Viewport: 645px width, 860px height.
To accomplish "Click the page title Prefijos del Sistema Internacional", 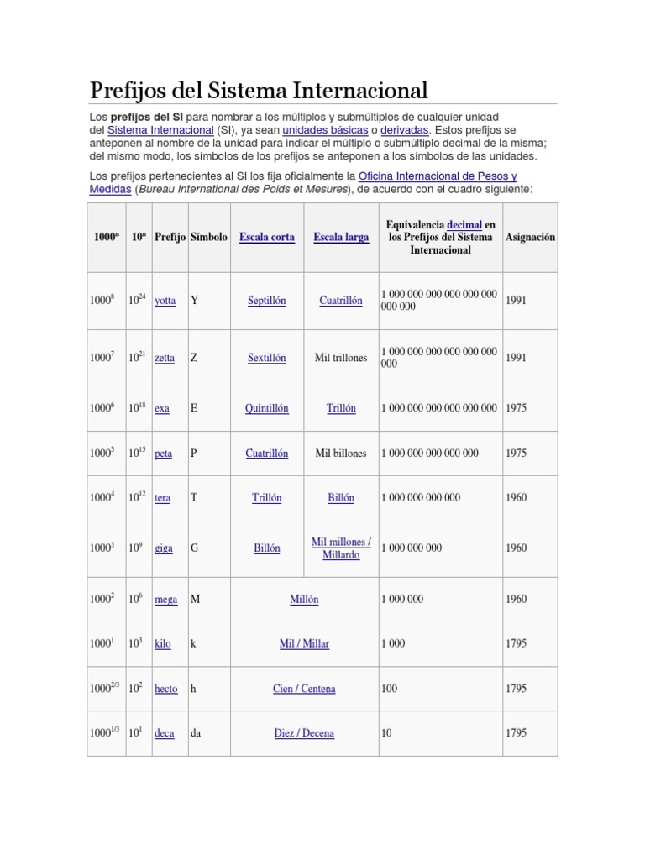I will (259, 90).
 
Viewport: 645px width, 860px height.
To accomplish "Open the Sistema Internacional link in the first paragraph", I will (160, 131).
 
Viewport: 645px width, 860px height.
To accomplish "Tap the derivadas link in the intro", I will (405, 131).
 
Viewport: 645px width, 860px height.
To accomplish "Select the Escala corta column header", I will (267, 238).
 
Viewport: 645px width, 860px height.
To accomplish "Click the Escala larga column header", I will (341, 238).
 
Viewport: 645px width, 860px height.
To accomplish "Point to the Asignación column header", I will (530, 238).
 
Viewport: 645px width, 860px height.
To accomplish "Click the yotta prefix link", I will (165, 301).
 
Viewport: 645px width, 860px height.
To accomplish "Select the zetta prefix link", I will (165, 358).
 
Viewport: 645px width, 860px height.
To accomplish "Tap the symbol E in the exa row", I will (194, 408).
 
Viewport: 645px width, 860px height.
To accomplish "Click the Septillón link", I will (267, 301).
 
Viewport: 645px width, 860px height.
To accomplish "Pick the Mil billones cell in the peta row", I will (341, 454).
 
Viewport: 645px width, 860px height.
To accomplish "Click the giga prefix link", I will (164, 548).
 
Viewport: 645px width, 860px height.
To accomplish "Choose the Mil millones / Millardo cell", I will (341, 548).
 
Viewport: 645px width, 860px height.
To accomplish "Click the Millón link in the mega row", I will (304, 600).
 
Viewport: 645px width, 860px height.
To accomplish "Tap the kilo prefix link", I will (163, 644).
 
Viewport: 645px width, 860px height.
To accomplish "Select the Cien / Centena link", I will (304, 689).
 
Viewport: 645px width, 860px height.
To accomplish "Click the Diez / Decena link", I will (304, 733).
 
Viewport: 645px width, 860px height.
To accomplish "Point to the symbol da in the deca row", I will (196, 733).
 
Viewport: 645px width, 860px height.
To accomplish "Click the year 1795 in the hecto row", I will (517, 689).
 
